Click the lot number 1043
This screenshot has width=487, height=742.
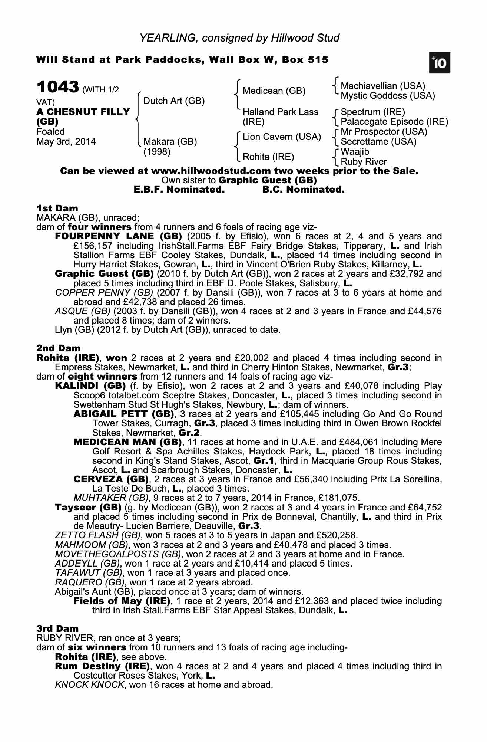click(57, 88)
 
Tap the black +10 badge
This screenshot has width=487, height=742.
click(440, 63)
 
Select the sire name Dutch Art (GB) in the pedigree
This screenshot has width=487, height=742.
click(174, 101)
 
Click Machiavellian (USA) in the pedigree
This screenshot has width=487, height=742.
click(383, 86)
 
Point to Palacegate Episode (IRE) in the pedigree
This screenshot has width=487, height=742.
click(394, 122)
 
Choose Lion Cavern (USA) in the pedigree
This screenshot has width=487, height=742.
click(282, 137)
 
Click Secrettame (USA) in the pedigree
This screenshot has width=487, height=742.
click(378, 142)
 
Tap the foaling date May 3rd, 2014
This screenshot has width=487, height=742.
click(66, 142)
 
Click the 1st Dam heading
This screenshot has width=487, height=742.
click(57, 208)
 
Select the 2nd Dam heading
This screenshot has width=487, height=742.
click(59, 348)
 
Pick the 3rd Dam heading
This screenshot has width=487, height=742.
click(57, 628)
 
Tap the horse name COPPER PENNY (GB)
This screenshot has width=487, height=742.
click(99, 293)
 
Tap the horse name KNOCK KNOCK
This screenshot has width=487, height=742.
click(89, 685)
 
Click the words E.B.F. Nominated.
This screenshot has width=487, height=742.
click(179, 190)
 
